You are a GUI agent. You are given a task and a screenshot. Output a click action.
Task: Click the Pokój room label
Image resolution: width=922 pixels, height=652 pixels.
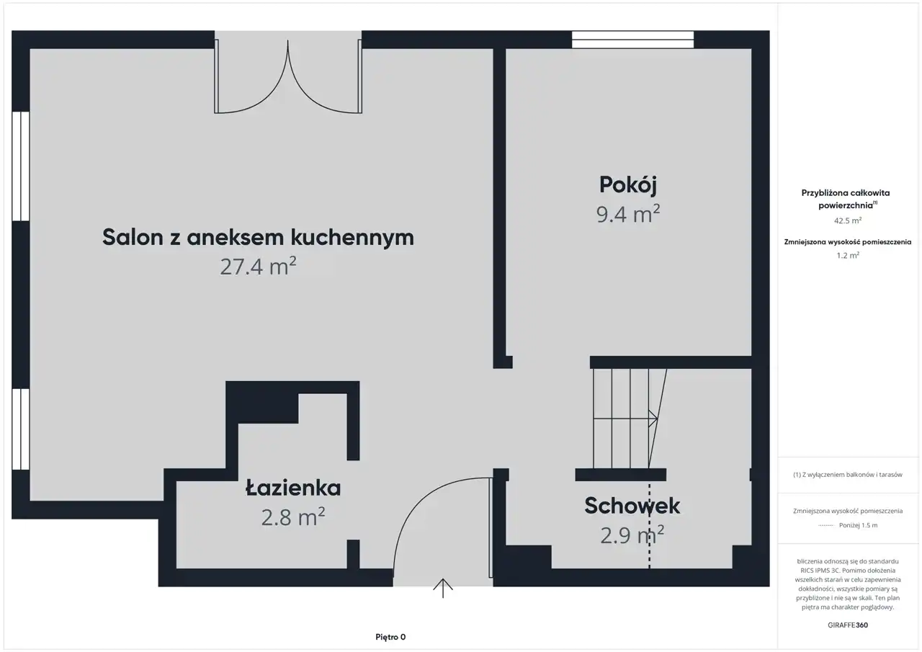pos(627,185)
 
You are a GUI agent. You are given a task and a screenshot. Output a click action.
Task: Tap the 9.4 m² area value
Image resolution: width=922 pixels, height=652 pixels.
pos(628,214)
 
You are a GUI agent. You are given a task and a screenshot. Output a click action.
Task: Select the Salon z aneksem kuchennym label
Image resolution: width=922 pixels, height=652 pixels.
pos(258,238)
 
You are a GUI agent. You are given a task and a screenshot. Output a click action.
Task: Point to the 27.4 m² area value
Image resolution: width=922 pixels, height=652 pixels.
pos(258,267)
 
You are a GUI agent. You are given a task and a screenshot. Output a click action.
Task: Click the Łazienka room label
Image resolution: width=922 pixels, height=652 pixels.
pos(293,488)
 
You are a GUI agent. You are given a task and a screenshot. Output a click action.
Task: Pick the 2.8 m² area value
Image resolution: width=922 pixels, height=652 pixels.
pos(293,517)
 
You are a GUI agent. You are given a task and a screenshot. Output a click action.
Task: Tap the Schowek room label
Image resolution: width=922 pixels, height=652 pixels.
pos(632,506)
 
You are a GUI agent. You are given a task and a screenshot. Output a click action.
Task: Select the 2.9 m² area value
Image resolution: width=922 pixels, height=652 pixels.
pos(632,535)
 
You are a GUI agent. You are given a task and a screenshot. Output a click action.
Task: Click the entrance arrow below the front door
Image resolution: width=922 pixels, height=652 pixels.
pos(443,588)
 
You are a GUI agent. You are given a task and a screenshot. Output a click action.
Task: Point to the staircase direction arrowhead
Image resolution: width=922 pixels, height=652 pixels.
pos(653,419)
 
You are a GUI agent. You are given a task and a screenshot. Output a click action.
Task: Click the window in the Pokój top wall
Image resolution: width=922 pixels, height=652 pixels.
pos(632,40)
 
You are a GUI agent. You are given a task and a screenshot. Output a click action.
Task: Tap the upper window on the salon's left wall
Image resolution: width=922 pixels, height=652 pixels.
pos(21,166)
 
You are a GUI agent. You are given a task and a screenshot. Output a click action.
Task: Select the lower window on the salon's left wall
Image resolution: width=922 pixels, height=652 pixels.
pos(21,429)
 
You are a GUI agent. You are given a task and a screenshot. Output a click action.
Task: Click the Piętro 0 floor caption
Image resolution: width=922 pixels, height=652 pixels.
pos(390,637)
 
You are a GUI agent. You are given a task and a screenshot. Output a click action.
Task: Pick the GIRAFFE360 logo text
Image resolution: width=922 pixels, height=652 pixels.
pos(848,625)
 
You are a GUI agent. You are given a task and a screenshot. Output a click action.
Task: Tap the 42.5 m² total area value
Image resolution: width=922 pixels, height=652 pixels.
pos(848,220)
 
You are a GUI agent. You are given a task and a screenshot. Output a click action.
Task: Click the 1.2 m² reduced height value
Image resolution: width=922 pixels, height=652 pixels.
pos(848,256)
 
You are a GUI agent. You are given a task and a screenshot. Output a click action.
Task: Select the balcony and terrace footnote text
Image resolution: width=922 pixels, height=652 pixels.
pos(848,475)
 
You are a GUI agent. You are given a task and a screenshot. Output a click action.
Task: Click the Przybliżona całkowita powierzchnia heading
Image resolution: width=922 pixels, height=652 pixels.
pos(846,199)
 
